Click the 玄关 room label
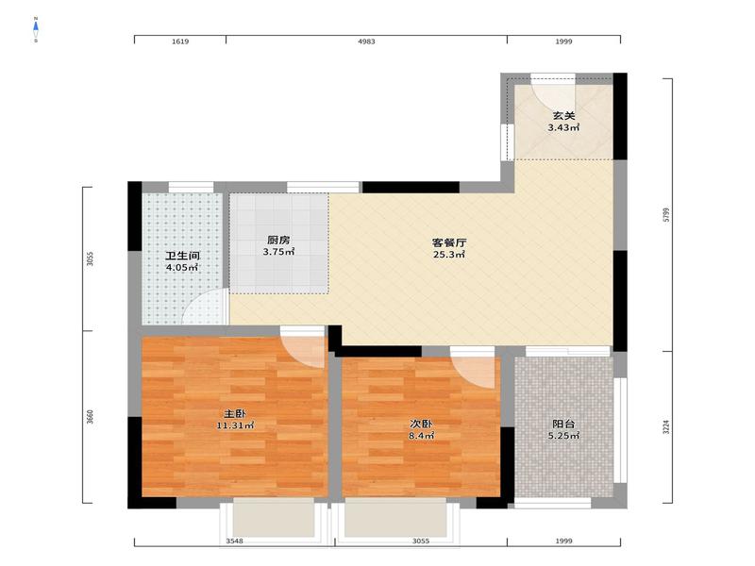563,116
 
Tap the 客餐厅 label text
449,243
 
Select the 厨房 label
278,241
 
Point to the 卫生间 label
182,256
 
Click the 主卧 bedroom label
235,413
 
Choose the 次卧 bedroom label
421,424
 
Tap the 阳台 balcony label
563,424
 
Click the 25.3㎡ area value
449,255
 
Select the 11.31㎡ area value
235,425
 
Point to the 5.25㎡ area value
563,436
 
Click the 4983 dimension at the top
366,42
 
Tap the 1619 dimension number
180,42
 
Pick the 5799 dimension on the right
666,215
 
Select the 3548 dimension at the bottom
234,541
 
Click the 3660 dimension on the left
90,417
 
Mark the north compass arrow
36,26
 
